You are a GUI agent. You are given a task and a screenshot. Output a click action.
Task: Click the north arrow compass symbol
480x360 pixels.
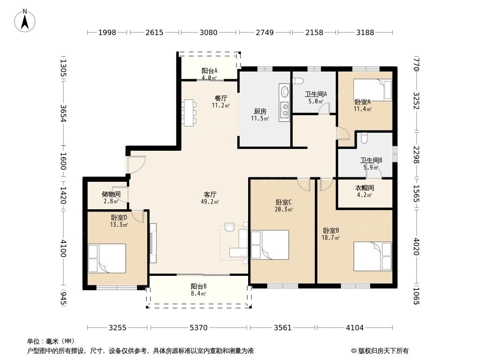tap(25, 21)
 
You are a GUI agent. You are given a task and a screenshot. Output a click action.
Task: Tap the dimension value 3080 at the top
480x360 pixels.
tap(208, 32)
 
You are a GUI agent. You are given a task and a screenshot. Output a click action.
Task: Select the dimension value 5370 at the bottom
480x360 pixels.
tap(199, 328)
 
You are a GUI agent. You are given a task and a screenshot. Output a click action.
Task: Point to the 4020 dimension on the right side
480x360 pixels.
tap(416, 247)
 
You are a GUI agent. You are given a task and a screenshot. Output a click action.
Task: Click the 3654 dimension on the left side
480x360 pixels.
tap(63, 113)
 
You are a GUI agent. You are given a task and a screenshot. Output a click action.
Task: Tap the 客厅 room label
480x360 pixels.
tap(210, 194)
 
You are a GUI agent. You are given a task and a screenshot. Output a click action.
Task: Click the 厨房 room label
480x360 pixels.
tap(260, 112)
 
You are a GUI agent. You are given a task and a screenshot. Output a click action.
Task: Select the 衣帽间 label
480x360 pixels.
tap(365, 188)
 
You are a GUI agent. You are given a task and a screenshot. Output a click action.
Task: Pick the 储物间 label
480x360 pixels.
tap(111, 194)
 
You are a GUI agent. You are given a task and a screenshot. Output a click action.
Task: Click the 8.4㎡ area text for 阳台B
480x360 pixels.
tap(199, 294)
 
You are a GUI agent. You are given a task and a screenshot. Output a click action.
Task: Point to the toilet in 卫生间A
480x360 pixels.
tap(298, 81)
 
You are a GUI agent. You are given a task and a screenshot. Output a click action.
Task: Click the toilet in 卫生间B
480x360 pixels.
tap(364, 138)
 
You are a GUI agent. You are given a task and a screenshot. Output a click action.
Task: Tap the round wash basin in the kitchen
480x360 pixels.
tap(285, 91)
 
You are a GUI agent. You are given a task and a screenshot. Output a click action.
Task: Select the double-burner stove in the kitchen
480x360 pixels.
tap(285, 110)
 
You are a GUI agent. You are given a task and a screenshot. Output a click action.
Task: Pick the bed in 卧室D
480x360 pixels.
tap(107, 258)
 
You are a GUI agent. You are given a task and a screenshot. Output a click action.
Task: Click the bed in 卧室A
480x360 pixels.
tap(372, 90)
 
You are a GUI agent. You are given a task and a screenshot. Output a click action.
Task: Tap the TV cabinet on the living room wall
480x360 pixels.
tap(153, 243)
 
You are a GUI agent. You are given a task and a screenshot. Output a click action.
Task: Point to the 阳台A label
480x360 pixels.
tap(210, 71)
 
